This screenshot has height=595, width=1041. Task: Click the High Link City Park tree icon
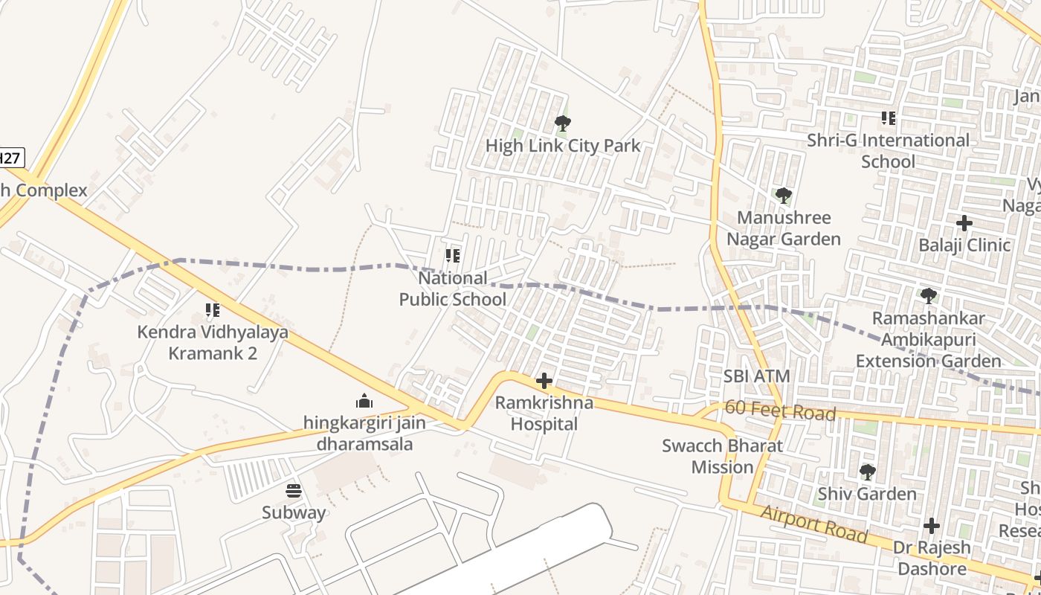563,123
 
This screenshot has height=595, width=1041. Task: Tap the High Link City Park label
563,146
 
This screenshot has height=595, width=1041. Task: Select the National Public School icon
452,256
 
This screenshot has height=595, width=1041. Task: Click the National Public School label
453,289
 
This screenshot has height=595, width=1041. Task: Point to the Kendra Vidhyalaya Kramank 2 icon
213,310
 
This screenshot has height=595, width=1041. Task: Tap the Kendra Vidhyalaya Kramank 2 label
213,342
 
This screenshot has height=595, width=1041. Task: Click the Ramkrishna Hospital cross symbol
544,382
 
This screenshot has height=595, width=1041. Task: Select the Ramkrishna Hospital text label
544,414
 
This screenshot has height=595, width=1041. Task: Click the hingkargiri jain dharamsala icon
364,402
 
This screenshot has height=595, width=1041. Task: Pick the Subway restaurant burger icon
294,491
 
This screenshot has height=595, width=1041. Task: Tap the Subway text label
294,512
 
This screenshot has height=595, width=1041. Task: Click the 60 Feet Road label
780,410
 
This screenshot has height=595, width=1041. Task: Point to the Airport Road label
814,523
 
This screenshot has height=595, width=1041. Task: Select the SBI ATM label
757,376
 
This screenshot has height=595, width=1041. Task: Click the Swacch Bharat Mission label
723,457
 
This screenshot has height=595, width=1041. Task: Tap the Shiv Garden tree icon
867,472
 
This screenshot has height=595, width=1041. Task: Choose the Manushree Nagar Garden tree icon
783,196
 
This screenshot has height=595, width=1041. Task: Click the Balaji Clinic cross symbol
964,223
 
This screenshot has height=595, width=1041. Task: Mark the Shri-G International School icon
888,118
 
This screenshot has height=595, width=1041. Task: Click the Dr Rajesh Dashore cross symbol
932,527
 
